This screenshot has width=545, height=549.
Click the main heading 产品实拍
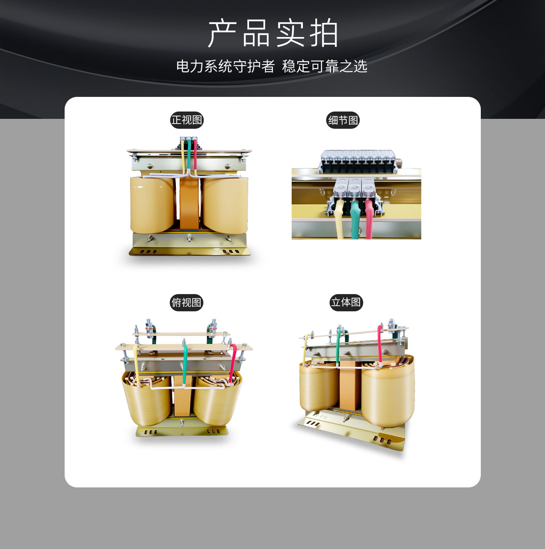[x=273, y=33]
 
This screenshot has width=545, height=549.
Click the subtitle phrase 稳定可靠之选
[x=324, y=66]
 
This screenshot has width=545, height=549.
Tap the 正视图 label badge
[x=187, y=120]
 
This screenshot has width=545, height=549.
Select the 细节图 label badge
[x=343, y=120]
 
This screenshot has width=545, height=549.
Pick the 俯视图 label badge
[x=187, y=302]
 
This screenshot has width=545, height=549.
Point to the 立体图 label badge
[x=346, y=302]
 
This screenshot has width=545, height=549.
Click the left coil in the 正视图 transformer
[x=152, y=205]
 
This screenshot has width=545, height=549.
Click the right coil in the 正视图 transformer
[x=225, y=205]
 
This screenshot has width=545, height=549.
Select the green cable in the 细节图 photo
[x=355, y=219]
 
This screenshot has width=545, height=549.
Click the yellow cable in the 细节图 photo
[x=340, y=219]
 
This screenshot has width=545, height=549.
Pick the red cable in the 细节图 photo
[x=369, y=219]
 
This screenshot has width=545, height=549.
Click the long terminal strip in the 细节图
[x=358, y=161]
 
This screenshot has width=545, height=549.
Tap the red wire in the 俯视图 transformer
[x=233, y=363]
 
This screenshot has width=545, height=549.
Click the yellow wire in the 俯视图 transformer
[x=136, y=366]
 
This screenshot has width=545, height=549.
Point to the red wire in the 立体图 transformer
[x=380, y=346]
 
